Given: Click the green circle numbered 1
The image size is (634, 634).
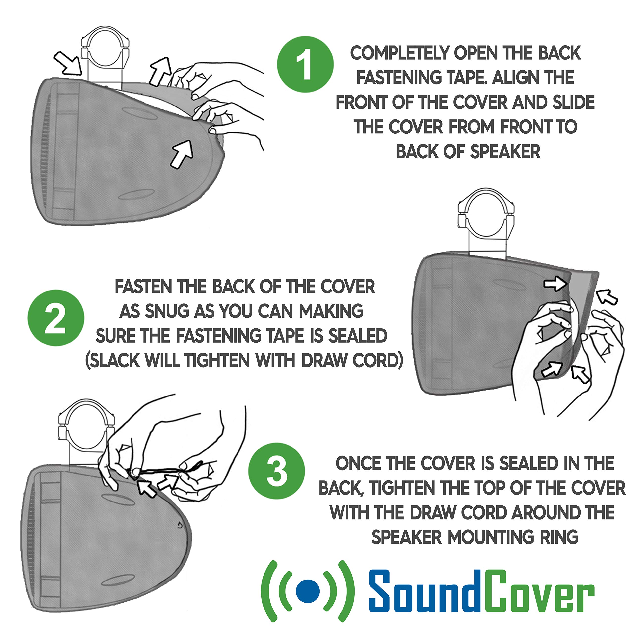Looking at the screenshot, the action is click(x=305, y=65).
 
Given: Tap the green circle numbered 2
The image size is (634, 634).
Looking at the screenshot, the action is click(x=56, y=318).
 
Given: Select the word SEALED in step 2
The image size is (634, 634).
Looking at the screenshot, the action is click(x=358, y=336).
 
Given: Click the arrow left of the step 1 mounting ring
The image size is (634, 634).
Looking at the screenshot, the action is click(x=68, y=62).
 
